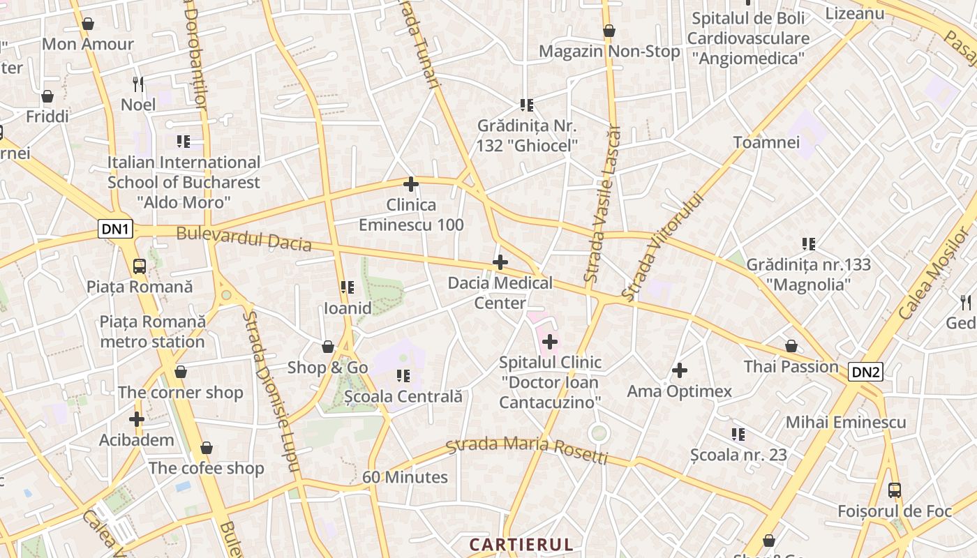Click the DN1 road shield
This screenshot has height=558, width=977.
(115, 229)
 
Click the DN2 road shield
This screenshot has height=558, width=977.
(865, 372)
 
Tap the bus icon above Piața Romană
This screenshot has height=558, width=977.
(140, 266)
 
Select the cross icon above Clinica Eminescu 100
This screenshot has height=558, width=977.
(411, 184)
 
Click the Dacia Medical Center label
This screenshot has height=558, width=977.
(500, 293)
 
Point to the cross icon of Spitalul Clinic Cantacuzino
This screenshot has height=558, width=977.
(550, 342)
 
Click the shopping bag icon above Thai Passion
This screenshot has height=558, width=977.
(791, 346)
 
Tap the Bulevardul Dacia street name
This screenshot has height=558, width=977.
(244, 238)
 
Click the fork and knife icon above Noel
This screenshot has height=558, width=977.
(138, 84)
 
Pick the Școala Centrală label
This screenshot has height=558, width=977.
(403, 396)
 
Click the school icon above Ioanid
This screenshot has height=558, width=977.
(347, 287)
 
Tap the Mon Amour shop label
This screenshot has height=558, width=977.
(88, 44)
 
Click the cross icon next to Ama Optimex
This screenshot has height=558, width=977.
(680, 370)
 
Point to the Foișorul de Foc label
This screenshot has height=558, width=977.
(895, 511)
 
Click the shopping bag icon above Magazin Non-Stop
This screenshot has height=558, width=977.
(609, 31)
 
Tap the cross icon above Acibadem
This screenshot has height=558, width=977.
(137, 419)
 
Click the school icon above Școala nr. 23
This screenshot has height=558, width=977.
(738, 435)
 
